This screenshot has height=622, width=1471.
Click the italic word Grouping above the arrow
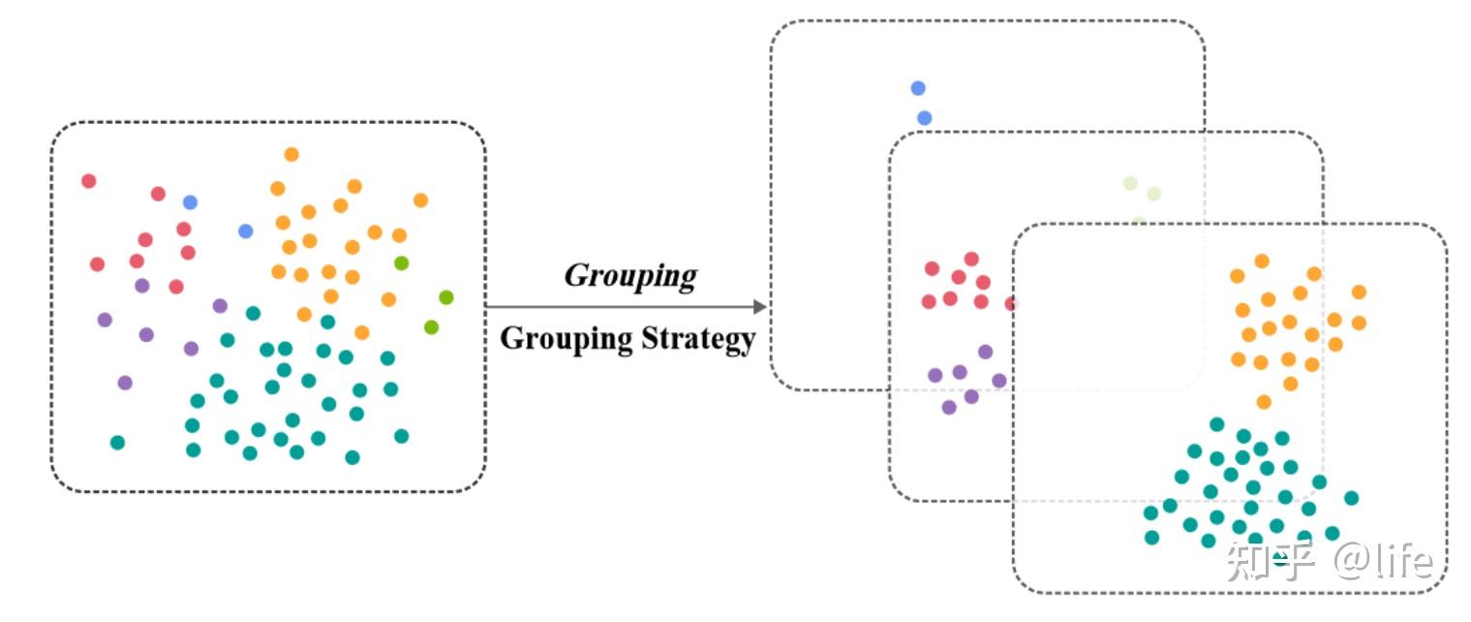coord(630,277)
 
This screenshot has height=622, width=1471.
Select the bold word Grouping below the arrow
coord(560,339)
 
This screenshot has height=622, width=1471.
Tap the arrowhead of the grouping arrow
coord(760,307)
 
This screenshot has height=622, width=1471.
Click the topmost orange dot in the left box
coord(291,154)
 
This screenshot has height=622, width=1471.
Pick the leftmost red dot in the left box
coord(88,181)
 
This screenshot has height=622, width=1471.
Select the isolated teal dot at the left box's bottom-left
coord(117,443)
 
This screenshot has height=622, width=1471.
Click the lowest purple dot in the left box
coord(125,383)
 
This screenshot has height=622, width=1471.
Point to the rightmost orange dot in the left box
coord(420,201)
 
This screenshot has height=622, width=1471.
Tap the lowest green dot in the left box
coord(431,327)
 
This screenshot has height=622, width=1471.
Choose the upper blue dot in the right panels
coord(918,88)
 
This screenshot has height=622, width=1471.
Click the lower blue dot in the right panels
coord(925,118)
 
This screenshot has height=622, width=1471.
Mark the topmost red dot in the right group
coord(971,259)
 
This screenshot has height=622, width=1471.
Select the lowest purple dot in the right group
coord(949,408)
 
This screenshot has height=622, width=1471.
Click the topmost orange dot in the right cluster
coord(1262,261)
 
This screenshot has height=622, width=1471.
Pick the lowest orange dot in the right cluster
coord(1264,402)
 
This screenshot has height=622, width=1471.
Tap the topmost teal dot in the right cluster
coord(1217,424)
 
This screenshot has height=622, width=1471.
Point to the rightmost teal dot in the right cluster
coord(1352,498)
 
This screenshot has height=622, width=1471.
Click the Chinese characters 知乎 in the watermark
coord(1270,561)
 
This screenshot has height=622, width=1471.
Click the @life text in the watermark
coord(1382,561)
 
